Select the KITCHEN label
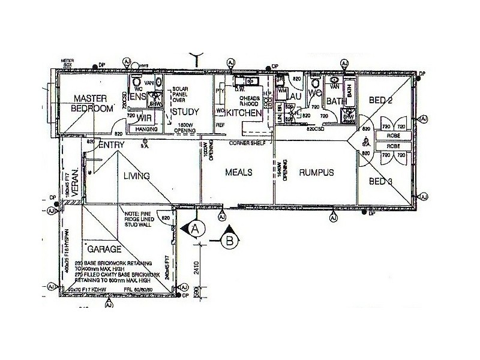pos(244,112)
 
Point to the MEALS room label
pos(239,172)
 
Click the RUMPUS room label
pos(317,173)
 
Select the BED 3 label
pos(381,181)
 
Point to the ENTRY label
pos(111,145)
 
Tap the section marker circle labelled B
pos(230,242)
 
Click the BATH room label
pos(337,101)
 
